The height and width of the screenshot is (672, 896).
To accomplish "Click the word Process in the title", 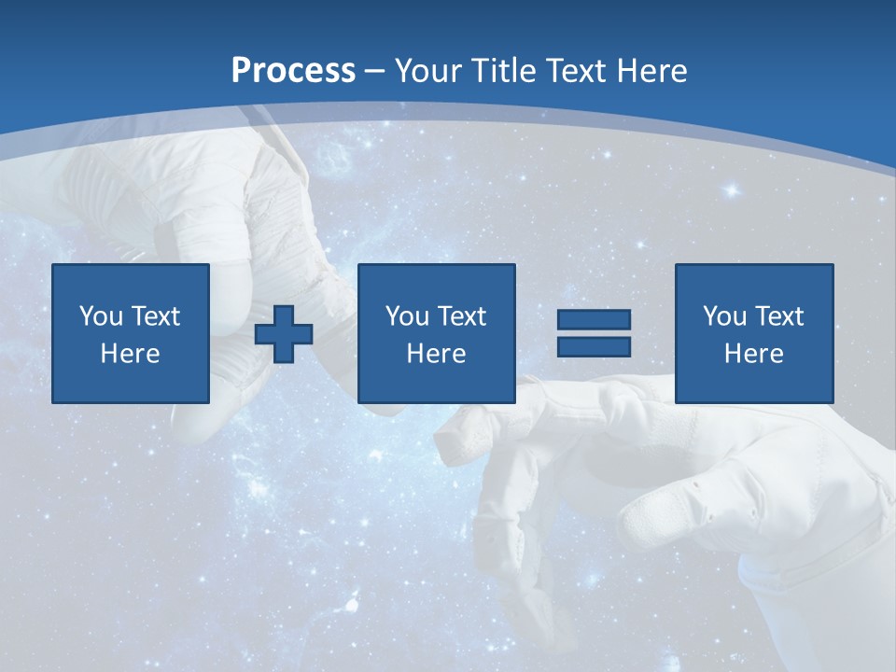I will pyautogui.click(x=293, y=71).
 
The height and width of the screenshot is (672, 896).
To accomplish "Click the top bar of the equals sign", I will pyautogui.click(x=594, y=320).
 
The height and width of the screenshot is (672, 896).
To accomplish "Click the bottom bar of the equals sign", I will pyautogui.click(x=594, y=346).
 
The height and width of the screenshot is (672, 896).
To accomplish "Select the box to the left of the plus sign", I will pyautogui.click(x=131, y=333).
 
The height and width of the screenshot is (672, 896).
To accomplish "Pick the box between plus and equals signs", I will pyautogui.click(x=436, y=333).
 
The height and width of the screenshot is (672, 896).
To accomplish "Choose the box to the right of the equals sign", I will pyautogui.click(x=753, y=333).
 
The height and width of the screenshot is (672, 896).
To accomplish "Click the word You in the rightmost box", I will pyautogui.click(x=723, y=316).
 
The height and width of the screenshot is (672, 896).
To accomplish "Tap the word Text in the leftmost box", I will pyautogui.click(x=155, y=316).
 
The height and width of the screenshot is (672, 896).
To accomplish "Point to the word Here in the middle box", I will pyautogui.click(x=436, y=354).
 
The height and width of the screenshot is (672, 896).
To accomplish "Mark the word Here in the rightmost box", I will pyautogui.click(x=753, y=354).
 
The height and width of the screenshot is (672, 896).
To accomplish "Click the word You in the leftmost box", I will pyautogui.click(x=101, y=316).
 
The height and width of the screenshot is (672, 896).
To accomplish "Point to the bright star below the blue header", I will pyautogui.click(x=732, y=190).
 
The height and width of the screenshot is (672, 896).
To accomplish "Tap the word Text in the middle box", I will pyautogui.click(x=461, y=316).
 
